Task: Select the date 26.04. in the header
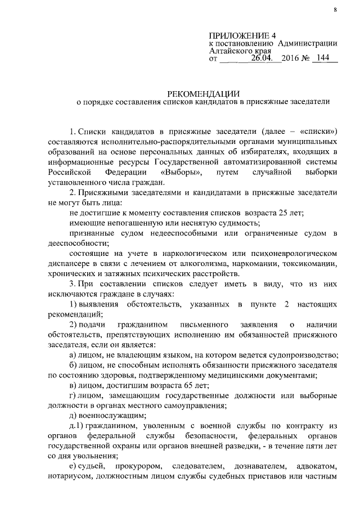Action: (x=266, y=58)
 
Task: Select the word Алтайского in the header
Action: (x=230, y=50)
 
